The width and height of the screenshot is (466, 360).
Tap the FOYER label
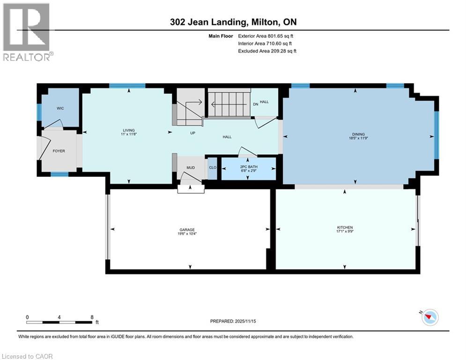pos(59,151)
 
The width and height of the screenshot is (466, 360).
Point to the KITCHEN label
pos(345,227)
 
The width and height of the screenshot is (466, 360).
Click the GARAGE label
pos(189,230)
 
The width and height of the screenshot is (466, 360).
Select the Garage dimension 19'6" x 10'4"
pos(189,234)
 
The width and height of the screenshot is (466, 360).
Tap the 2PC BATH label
pos(248,167)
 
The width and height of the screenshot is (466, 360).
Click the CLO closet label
pos(212,167)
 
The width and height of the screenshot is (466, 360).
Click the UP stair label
pos(192,133)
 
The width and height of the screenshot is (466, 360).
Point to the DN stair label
pos(255,104)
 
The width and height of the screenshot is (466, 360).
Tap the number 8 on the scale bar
pos(91,317)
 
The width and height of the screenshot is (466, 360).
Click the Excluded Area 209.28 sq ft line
pos(267,51)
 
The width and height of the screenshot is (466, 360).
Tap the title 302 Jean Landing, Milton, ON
pos(233,22)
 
